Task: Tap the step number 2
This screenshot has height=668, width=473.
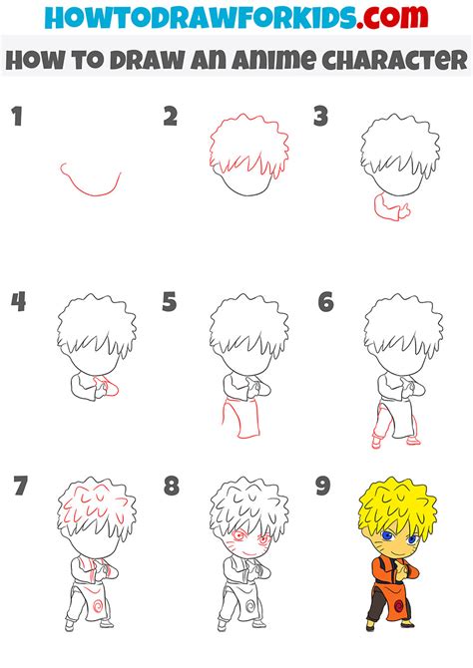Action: [x=171, y=117]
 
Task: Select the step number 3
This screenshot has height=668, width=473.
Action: [x=320, y=118]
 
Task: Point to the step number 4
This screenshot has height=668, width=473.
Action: [x=17, y=302]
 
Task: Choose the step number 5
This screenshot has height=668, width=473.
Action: [x=170, y=302]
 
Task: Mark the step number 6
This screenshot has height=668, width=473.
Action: [x=323, y=302]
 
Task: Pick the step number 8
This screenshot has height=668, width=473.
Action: [x=171, y=487]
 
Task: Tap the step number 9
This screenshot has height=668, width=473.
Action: [x=323, y=487]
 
